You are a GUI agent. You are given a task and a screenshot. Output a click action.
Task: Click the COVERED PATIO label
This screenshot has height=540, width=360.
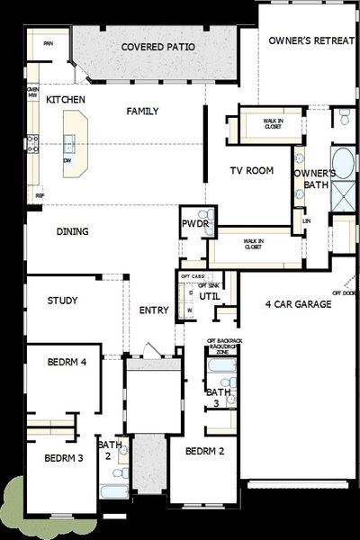pos(157,47)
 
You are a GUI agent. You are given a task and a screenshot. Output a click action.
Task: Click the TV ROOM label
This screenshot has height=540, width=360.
pos(250,170)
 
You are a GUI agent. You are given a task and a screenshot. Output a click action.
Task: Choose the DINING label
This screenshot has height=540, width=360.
pos(72,232)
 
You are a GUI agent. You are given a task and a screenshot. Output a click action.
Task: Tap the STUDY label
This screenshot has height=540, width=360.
pos(61,301)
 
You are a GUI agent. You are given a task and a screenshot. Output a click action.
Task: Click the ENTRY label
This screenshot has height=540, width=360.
pos(154,310)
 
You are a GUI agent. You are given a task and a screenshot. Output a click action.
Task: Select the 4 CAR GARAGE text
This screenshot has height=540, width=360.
pos(300,304)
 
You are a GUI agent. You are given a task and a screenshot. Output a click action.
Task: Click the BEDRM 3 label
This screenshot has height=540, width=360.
pos(61,458)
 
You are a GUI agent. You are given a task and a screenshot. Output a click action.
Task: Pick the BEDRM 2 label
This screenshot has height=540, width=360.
pos(204,451)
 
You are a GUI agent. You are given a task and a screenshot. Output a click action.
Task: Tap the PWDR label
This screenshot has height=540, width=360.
pos(194,221)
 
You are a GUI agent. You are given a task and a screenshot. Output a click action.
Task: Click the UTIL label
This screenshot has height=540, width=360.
pos(209,295)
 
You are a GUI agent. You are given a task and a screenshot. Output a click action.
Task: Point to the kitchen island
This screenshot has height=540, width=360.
pos(74,144)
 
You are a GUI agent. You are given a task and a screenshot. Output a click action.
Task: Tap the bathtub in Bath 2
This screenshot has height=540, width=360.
pos(115,491)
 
